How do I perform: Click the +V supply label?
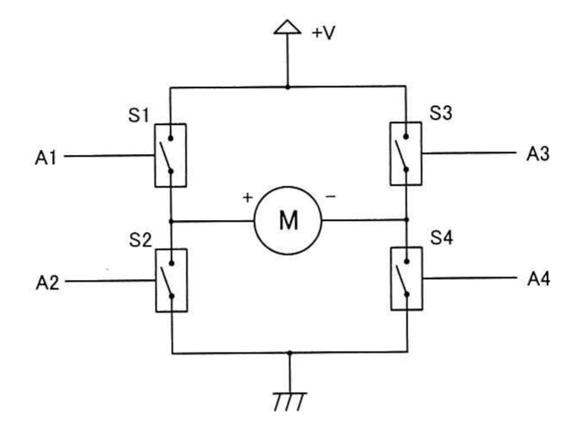click(x=324, y=33)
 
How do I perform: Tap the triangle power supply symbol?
click(x=288, y=27)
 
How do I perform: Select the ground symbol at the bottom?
click(x=290, y=401)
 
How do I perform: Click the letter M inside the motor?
click(x=288, y=221)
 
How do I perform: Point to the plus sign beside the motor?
click(x=247, y=198)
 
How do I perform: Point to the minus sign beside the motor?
click(x=330, y=196)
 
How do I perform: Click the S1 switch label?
click(x=139, y=116)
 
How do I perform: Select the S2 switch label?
click(x=140, y=241)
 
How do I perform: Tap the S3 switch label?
click(x=441, y=113)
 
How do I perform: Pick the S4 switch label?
click(x=442, y=238)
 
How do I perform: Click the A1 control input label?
click(x=45, y=158)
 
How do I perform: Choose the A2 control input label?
click(x=47, y=282)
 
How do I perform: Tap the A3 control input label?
click(x=537, y=154)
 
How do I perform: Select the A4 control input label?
click(x=538, y=279)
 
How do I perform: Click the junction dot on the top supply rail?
click(x=288, y=87)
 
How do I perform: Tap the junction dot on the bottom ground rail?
click(x=290, y=353)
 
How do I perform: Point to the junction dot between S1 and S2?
click(x=171, y=222)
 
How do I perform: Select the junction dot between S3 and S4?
click(x=407, y=220)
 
